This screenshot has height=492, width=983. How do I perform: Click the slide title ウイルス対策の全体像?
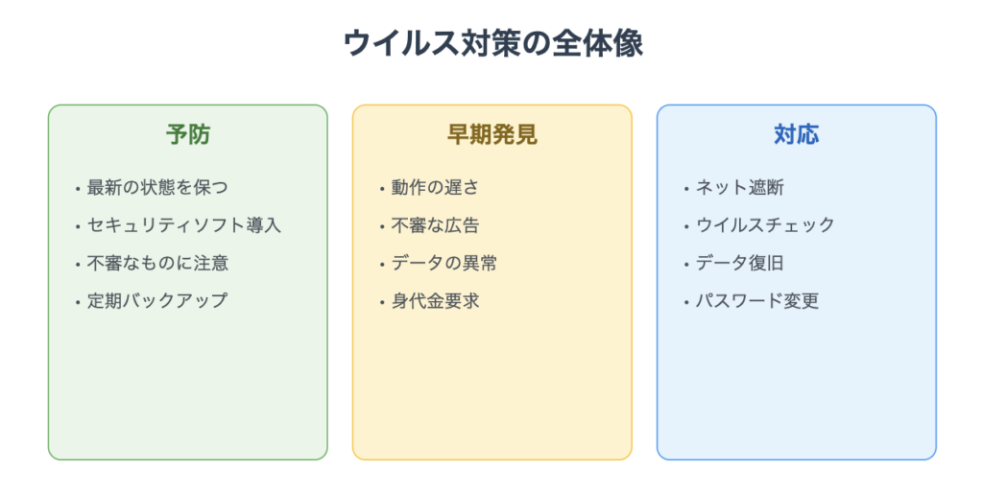click(x=492, y=44)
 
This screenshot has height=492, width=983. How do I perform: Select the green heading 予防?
click(x=188, y=134)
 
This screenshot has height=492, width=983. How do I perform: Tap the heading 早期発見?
click(x=492, y=134)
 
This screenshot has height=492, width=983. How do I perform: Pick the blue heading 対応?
click(x=796, y=134)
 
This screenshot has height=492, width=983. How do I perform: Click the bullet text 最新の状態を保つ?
click(x=157, y=187)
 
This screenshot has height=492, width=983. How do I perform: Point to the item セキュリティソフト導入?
click(x=183, y=225)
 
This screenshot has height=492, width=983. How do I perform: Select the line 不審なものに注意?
click(x=157, y=263)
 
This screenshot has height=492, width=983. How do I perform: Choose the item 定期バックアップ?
click(x=157, y=300)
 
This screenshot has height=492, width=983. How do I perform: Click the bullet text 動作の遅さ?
click(x=435, y=187)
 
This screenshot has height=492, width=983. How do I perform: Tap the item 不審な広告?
click(x=435, y=225)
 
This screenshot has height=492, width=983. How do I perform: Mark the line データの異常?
click(x=444, y=263)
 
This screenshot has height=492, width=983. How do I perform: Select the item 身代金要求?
click(x=435, y=300)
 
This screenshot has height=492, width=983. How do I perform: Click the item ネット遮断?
click(x=740, y=187)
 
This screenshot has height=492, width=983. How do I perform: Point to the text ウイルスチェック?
click(x=765, y=225)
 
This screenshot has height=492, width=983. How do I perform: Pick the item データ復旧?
click(x=740, y=263)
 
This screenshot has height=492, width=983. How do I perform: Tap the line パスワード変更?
click(x=757, y=300)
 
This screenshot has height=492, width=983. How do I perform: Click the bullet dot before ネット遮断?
click(x=686, y=189)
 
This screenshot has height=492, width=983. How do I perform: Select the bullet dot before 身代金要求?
click(x=382, y=302)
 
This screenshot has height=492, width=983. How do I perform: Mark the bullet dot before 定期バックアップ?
click(x=78, y=302)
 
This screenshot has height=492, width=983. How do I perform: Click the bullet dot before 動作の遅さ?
click(x=382, y=189)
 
